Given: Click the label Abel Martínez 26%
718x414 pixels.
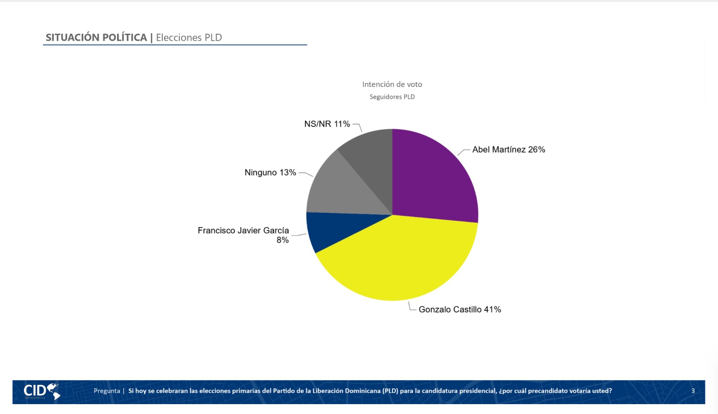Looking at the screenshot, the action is click(x=508, y=150).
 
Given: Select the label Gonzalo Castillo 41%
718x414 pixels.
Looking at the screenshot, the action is click(x=460, y=309).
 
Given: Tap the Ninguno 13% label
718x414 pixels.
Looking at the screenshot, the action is click(x=270, y=172).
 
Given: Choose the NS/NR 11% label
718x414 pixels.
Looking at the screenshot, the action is click(x=327, y=124).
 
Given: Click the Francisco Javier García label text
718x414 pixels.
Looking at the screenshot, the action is click(x=243, y=230).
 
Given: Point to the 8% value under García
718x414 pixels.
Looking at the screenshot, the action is click(x=283, y=240).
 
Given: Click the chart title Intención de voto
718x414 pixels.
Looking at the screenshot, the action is click(x=392, y=84).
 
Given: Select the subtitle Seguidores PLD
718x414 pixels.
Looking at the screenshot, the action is click(x=392, y=97).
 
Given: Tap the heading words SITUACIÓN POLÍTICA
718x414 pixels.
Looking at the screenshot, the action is click(x=96, y=38).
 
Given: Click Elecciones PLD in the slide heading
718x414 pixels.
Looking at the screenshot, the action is click(x=189, y=38).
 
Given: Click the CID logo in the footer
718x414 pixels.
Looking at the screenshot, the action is click(x=42, y=392).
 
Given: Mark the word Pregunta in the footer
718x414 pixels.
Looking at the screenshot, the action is click(x=107, y=391).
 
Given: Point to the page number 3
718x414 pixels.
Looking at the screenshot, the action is click(x=693, y=391).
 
